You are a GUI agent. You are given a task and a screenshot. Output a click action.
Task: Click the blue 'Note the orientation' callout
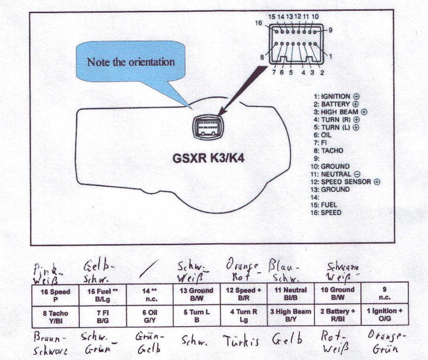[x=130, y=62]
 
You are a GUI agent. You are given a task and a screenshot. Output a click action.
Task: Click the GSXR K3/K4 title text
[x=208, y=158]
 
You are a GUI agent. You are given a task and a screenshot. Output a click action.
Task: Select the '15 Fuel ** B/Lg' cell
[x=103, y=295]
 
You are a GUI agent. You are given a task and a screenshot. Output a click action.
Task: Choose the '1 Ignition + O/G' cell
[x=384, y=315]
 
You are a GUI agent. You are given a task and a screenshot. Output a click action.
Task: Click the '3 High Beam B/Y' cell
[x=290, y=315]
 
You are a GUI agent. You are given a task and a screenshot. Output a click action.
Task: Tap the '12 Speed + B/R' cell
[x=244, y=294]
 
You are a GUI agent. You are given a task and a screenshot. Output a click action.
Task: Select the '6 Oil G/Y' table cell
[x=150, y=316]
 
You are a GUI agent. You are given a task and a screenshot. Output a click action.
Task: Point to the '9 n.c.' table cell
[x=384, y=294]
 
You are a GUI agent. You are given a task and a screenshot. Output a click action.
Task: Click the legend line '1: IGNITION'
[x=336, y=97]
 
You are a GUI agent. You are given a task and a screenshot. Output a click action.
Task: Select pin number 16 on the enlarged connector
[x=259, y=22]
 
